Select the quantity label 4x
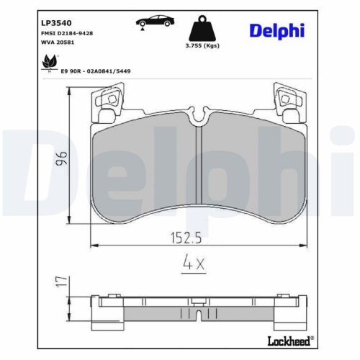[192, 264]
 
